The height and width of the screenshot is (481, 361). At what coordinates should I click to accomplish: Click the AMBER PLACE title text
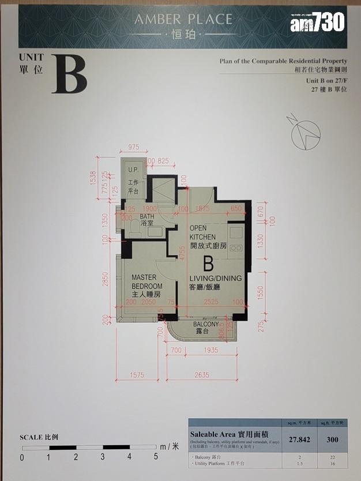point(183,20)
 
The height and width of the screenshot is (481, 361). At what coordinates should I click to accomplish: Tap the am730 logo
point(317,24)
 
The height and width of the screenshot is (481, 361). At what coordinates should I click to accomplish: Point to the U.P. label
point(133,170)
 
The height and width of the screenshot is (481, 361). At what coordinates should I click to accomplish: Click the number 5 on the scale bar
point(156,458)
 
